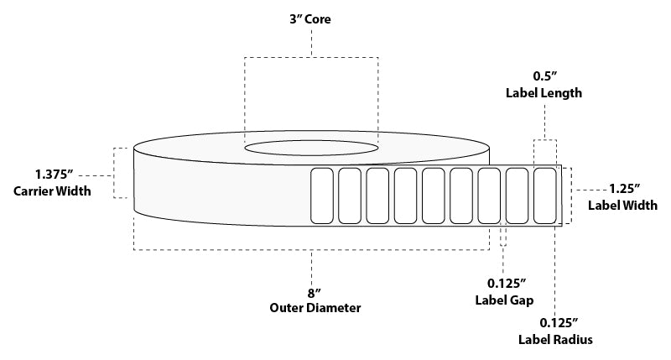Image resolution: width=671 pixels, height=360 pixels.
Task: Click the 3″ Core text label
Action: pos(309,19)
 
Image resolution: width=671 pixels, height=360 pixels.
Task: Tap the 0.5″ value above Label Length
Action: pos(544,76)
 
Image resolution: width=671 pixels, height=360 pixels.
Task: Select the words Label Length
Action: pos(544,93)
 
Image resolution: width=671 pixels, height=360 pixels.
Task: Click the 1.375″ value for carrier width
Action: pos(55,175)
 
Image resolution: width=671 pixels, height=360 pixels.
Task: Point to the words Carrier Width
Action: pos(52,191)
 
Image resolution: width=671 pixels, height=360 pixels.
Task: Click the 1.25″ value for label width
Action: pos(625,188)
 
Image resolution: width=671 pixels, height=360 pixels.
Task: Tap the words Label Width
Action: pos(622,205)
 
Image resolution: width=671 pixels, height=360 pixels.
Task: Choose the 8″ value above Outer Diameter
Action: pos(314,293)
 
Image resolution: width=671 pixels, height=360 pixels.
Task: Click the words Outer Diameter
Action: pos(315,308)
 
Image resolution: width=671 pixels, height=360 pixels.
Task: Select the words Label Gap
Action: pos(504,300)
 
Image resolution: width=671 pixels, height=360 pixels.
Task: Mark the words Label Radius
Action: pos(555,340)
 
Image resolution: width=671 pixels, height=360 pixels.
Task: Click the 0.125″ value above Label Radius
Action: pos(559,323)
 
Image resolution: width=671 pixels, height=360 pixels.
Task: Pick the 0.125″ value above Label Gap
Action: pos(507,284)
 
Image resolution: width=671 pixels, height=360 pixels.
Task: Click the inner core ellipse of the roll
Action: pos(311,140)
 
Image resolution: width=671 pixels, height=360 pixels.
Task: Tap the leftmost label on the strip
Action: pos(322,196)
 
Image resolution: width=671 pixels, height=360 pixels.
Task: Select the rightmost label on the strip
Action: pos(545,196)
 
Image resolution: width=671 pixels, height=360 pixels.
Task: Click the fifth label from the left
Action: pos(434,196)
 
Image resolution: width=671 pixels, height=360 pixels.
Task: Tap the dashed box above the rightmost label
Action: pos(545,140)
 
